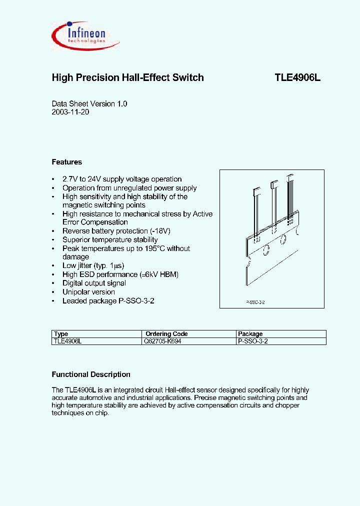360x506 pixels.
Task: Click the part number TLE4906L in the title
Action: click(x=297, y=78)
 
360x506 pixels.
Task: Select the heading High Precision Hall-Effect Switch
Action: click(x=128, y=78)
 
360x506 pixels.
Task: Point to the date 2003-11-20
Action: click(x=70, y=112)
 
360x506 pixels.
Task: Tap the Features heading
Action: click(x=67, y=162)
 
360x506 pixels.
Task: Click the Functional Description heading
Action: click(x=91, y=374)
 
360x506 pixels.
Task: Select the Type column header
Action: click(x=61, y=334)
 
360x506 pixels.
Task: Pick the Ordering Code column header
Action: click(x=166, y=334)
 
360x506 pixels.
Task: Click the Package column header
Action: click(x=250, y=334)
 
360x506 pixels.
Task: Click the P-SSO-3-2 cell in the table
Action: click(x=253, y=341)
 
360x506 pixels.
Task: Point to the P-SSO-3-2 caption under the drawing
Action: click(x=255, y=303)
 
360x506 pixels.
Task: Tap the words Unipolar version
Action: click(x=88, y=292)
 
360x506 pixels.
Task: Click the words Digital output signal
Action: click(x=94, y=283)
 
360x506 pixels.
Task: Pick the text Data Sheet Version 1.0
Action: click(x=89, y=103)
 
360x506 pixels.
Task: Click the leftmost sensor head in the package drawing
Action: click(x=257, y=190)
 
